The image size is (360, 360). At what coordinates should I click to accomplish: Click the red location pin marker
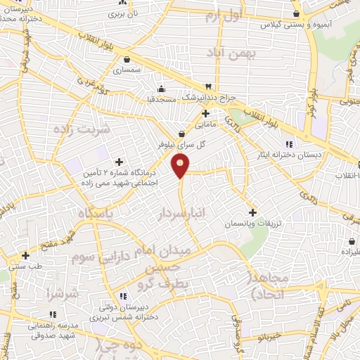pos(181,166)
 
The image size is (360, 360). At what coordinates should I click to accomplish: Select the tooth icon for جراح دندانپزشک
pos(209,86)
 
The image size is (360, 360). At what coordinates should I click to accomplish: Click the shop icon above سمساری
pos(127,59)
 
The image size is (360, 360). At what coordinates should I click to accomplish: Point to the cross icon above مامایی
pos(205,112)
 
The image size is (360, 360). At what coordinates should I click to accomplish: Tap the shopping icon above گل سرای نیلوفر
pos(181,133)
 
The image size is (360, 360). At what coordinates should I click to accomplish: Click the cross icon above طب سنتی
pos(25,255)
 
